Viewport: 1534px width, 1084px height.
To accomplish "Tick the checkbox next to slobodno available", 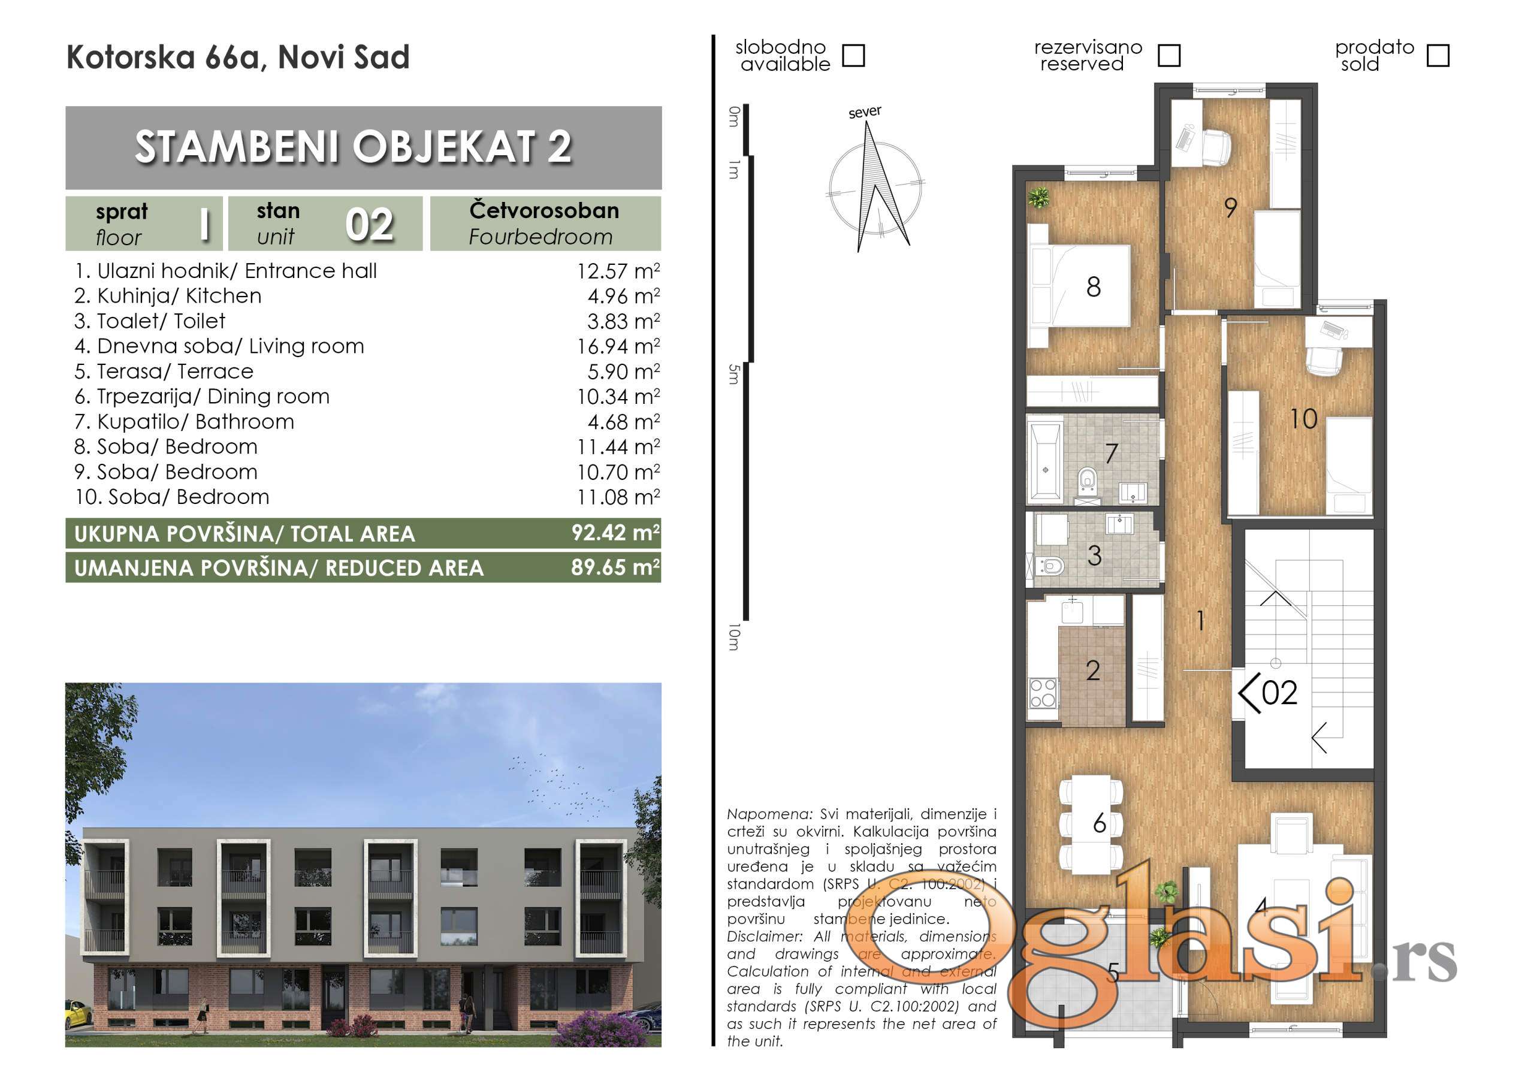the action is (x=853, y=56).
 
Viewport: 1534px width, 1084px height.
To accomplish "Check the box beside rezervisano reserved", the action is (x=1168, y=56).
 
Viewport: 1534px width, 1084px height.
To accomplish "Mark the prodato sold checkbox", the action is (x=1438, y=56).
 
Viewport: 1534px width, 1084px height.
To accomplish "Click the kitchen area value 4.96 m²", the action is (x=623, y=296).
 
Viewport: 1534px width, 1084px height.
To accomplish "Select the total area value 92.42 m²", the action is (x=615, y=533).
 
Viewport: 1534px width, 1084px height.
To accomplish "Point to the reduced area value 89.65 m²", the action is (x=615, y=567).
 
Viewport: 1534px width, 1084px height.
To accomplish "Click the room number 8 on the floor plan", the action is (x=1094, y=286).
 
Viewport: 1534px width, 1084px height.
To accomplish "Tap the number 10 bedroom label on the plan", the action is (x=1303, y=419).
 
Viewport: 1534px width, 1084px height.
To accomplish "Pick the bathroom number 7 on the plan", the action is (x=1111, y=454).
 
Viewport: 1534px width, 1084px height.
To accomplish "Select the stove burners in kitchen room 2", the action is (x=1043, y=693).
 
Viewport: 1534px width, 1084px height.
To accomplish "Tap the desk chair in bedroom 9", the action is (x=1216, y=146).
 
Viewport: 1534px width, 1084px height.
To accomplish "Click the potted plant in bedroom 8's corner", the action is (x=1038, y=198).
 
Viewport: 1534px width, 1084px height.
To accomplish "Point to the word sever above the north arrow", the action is (x=865, y=112).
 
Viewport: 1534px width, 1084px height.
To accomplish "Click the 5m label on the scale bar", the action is (x=734, y=375).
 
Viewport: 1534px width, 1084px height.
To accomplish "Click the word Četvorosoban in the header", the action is (x=544, y=210).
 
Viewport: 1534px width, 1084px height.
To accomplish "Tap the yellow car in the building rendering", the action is (x=77, y=1015).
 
